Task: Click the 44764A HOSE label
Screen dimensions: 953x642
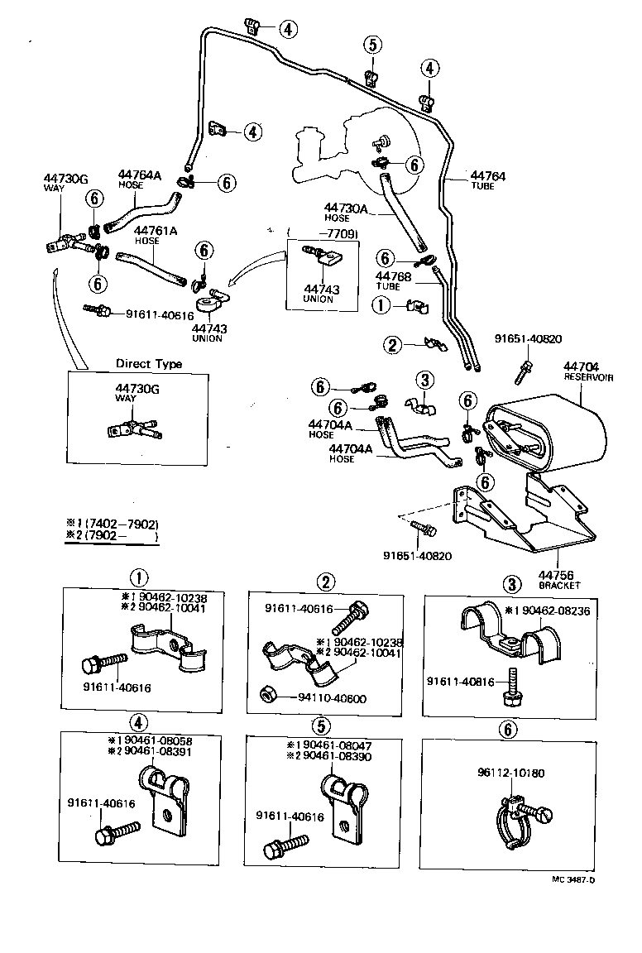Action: click(x=140, y=180)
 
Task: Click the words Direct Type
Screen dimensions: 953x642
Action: click(x=149, y=364)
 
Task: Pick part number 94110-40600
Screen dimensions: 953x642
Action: click(x=333, y=698)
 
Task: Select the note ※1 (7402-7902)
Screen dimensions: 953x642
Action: click(x=112, y=524)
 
